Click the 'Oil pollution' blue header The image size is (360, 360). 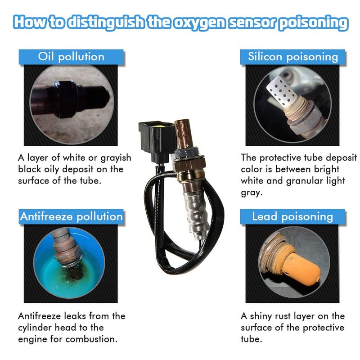[71, 57]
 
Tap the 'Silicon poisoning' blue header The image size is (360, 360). [292, 57]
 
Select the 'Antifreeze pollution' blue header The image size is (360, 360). [71, 216]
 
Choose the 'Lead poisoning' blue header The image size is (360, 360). [292, 216]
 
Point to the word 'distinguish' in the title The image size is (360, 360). [106, 22]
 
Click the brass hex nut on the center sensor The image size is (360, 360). [189, 163]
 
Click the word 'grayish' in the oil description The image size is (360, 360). [116, 158]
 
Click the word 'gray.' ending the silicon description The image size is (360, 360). [252, 193]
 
